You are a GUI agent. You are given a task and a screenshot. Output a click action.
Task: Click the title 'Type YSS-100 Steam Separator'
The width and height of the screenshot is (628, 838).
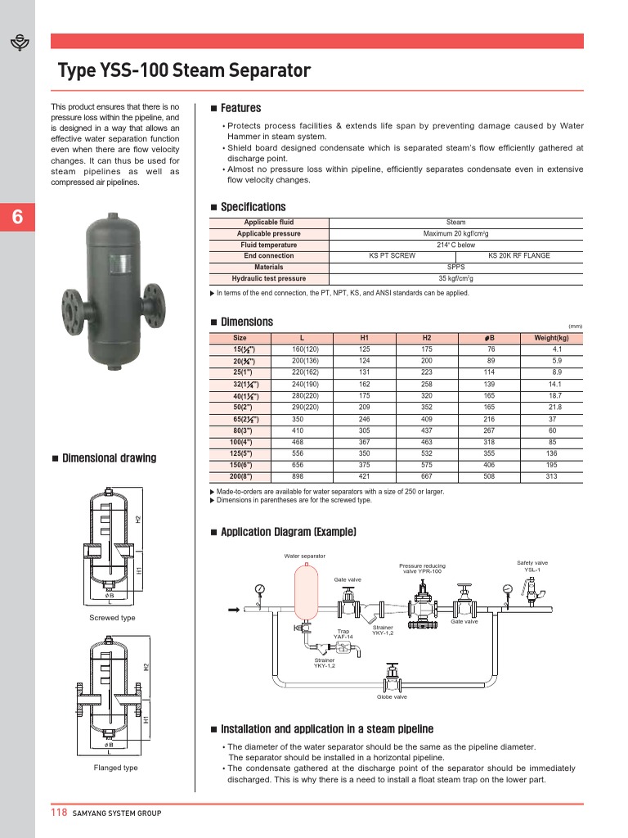coord(183,71)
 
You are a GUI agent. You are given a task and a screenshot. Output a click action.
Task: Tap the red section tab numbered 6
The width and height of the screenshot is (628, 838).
coord(17,218)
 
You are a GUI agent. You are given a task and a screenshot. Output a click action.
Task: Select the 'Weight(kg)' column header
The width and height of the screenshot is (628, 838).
coord(551,338)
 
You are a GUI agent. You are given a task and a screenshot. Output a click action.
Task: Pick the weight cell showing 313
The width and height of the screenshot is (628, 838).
coord(551,476)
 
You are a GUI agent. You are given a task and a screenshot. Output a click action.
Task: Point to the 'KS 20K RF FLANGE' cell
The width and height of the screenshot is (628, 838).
coord(518,256)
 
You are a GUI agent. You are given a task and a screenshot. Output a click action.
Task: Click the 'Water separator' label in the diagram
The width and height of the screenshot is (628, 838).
coord(304,556)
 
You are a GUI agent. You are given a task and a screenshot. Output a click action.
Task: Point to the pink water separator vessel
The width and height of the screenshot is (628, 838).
coord(304,592)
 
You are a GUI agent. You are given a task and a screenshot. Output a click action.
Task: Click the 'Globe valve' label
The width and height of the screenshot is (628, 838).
coord(392,697)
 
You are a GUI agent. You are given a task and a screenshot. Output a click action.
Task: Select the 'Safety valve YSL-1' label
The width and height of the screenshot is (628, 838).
coord(532,566)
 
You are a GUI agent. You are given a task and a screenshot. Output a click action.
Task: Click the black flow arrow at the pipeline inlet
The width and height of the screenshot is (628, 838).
coord(233,610)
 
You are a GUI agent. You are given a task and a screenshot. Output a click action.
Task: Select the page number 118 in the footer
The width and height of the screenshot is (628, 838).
coord(59,813)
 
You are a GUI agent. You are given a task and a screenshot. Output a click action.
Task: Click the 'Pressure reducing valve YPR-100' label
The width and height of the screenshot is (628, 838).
coord(422,569)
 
